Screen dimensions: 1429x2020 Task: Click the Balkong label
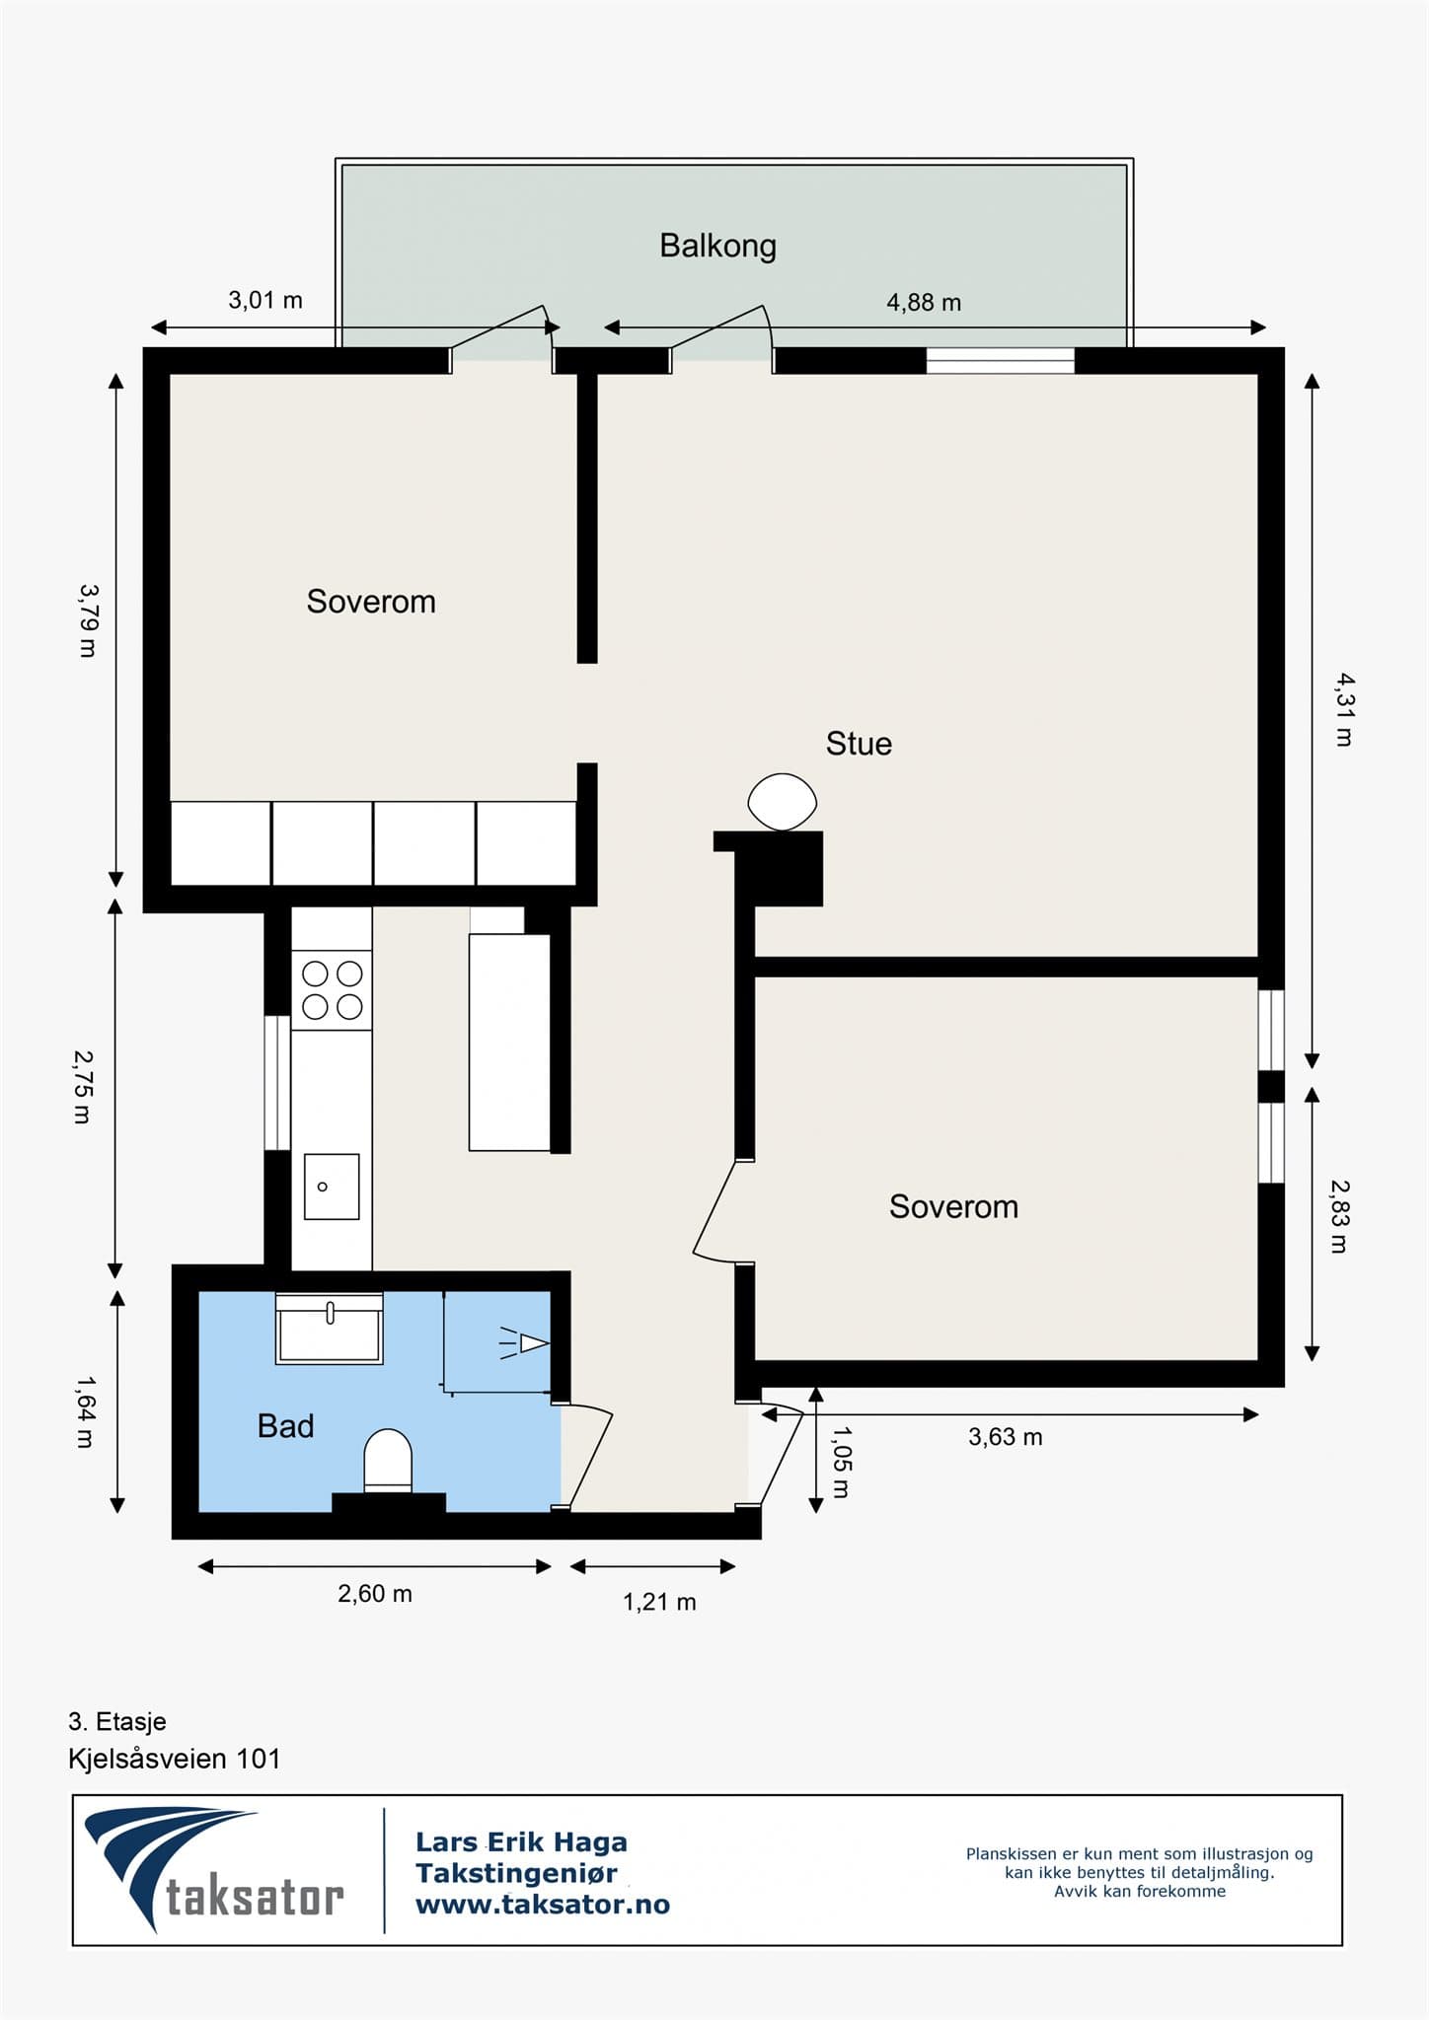click(x=717, y=246)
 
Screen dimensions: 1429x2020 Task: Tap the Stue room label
click(x=859, y=744)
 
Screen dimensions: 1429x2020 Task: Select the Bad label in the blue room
click(x=285, y=1426)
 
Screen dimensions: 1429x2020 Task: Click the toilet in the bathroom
click(x=388, y=1461)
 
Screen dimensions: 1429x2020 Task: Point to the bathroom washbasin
click(x=329, y=1329)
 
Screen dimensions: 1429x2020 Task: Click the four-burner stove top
click(x=332, y=990)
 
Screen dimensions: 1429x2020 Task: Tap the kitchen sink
click(x=332, y=1187)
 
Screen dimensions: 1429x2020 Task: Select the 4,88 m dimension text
click(x=924, y=303)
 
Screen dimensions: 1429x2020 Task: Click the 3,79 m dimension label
click(x=89, y=620)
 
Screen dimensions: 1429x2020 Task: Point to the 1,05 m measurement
click(x=841, y=1462)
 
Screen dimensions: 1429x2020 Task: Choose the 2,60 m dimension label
click(x=375, y=1594)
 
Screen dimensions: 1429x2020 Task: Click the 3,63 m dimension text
click(x=1006, y=1437)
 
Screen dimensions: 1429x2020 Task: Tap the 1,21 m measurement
click(x=659, y=1602)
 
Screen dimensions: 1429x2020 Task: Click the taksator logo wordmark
click(x=255, y=1898)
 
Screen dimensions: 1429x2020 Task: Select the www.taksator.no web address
click(x=543, y=1905)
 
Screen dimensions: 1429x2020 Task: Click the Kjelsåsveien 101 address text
click(x=175, y=1759)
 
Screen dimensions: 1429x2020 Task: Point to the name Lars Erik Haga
click(x=521, y=1841)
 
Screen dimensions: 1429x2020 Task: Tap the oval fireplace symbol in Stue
click(x=783, y=802)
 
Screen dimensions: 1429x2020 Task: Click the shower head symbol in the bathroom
click(x=523, y=1342)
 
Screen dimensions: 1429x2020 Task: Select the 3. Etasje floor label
click(x=117, y=1722)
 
